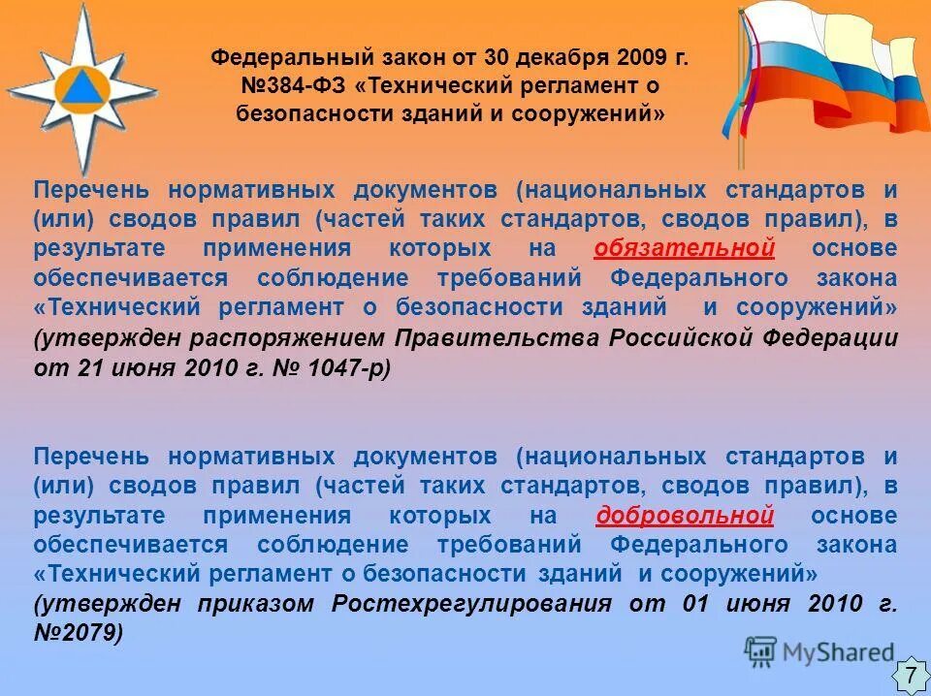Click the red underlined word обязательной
(x=684, y=249)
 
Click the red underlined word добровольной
(x=685, y=515)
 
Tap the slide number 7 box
(x=910, y=675)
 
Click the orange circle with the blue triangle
(x=80, y=85)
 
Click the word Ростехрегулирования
(x=471, y=604)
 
